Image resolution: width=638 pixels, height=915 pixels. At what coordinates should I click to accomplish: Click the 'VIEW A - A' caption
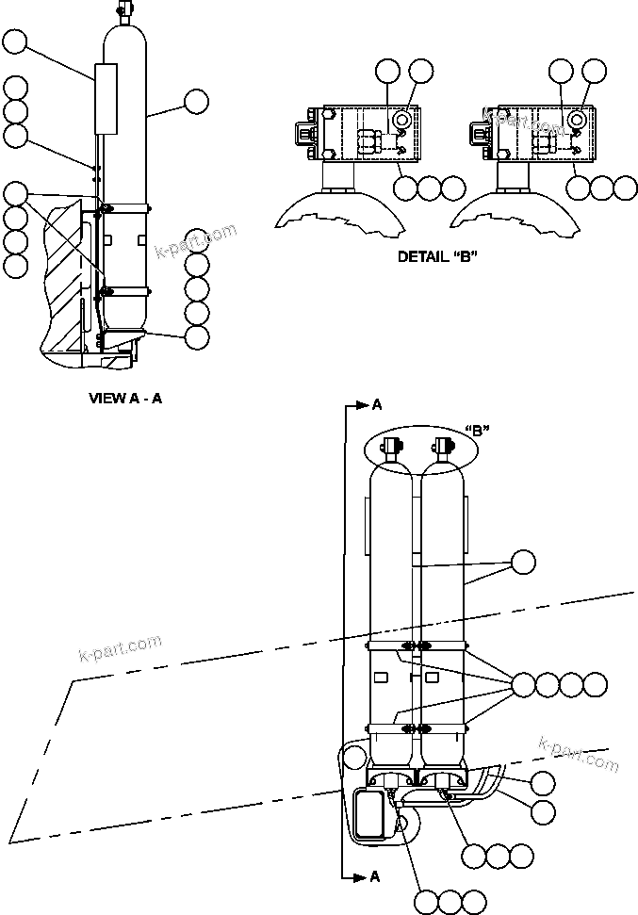pyautogui.click(x=125, y=398)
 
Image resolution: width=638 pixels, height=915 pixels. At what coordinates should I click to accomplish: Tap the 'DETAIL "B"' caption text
pyautogui.click(x=437, y=256)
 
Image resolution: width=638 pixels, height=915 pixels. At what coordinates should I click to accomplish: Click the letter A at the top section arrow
pyautogui.click(x=377, y=404)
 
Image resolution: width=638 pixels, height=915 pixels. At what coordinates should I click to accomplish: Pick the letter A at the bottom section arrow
pyautogui.click(x=375, y=876)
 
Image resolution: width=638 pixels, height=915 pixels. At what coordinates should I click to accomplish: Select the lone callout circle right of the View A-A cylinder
pyautogui.click(x=197, y=101)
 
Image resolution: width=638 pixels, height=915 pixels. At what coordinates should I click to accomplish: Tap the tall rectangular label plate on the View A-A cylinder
pyautogui.click(x=106, y=99)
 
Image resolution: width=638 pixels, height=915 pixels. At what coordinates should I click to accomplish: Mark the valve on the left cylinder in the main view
pyautogui.click(x=391, y=446)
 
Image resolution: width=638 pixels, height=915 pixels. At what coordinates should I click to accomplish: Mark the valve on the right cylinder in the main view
pyautogui.click(x=443, y=446)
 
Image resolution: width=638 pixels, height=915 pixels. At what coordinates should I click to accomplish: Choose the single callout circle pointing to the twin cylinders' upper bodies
pyautogui.click(x=522, y=563)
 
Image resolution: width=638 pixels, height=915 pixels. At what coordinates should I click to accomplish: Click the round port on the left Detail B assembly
pyautogui.click(x=403, y=120)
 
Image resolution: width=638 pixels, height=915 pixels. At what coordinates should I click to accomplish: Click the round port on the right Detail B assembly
pyautogui.click(x=578, y=120)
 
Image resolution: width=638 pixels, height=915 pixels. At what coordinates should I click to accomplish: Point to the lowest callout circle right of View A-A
pyautogui.click(x=197, y=336)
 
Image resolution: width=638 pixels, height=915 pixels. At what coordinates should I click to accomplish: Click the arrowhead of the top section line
pyautogui.click(x=362, y=405)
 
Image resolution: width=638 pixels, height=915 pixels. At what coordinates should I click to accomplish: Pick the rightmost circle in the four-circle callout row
pyautogui.click(x=596, y=685)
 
